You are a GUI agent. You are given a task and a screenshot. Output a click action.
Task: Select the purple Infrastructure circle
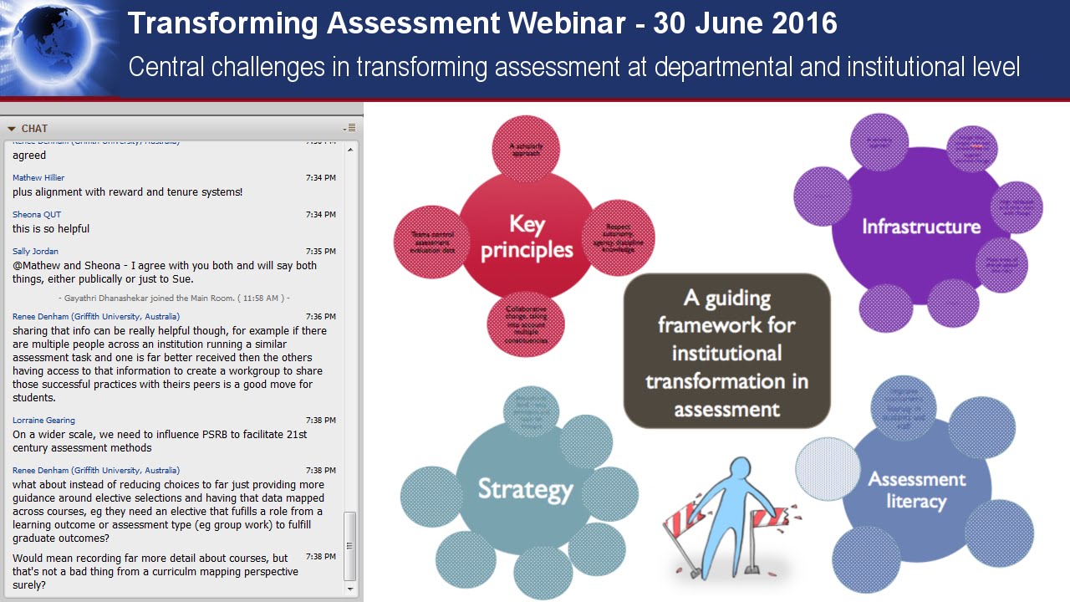click(920, 227)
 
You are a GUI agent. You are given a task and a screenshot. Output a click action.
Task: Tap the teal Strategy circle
click(524, 488)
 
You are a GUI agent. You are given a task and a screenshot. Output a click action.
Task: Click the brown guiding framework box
click(726, 351)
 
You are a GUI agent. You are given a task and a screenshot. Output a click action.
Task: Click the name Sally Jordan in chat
click(35, 251)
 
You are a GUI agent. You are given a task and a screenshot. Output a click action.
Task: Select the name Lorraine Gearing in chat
click(43, 420)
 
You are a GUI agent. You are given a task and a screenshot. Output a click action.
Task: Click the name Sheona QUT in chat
click(37, 214)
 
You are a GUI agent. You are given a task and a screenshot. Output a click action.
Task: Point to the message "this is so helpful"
click(51, 229)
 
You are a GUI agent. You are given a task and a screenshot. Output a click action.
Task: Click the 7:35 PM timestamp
click(321, 251)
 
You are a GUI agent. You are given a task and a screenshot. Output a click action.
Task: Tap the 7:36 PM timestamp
click(321, 316)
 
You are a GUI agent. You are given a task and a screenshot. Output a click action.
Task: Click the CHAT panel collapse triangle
click(12, 129)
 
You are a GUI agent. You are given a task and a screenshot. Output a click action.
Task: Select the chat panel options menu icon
click(350, 128)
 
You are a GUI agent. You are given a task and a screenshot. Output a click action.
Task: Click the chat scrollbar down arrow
click(350, 589)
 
